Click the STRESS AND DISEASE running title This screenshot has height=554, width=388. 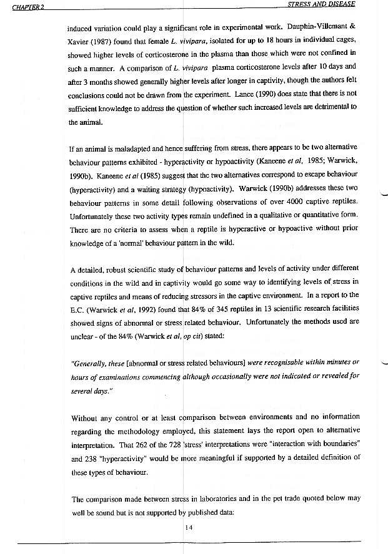point(321,4)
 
